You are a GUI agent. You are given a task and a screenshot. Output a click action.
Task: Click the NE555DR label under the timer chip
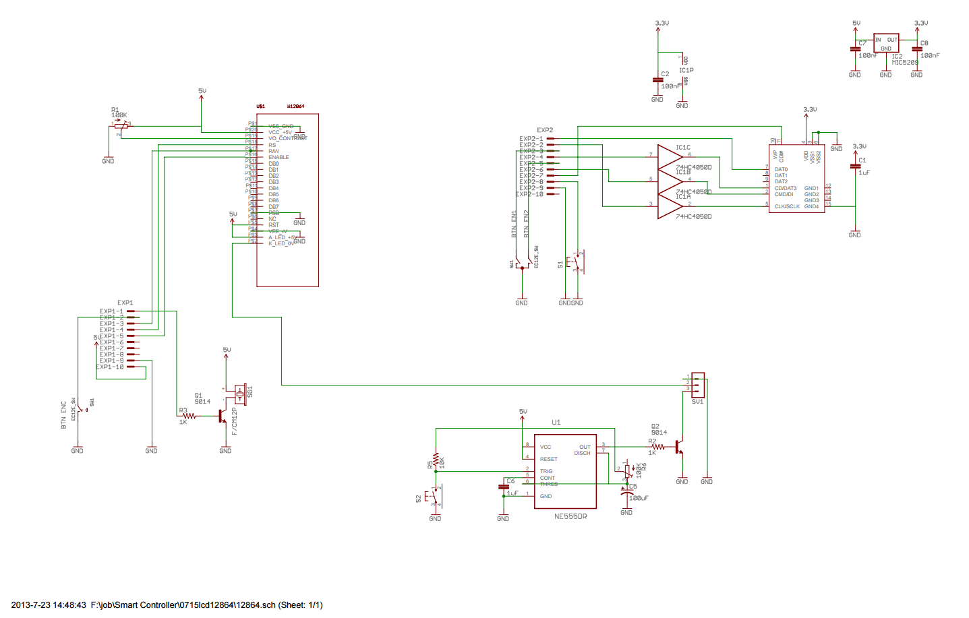point(570,516)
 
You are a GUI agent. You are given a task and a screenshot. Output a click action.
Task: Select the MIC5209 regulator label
point(905,63)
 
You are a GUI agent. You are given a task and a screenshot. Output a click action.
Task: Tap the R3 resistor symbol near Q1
point(189,416)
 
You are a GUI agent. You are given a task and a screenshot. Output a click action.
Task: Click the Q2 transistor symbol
point(680,447)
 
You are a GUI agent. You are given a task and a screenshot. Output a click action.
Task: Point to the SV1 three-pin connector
point(698,385)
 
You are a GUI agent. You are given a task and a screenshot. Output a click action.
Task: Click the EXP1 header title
point(125,303)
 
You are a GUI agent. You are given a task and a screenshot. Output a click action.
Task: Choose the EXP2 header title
point(545,130)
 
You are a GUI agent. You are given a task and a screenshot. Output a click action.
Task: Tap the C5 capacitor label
point(633,487)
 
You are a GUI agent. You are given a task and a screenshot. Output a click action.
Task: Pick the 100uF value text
point(639,498)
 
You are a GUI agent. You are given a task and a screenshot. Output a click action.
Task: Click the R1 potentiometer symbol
point(121,125)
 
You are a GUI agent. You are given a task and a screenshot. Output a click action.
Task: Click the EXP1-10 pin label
point(110,367)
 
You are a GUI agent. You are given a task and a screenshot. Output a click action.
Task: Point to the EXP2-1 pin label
point(531,139)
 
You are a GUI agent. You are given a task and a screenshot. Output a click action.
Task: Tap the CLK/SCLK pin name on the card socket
point(787,206)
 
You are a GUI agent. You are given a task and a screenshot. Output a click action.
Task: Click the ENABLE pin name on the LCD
point(278,157)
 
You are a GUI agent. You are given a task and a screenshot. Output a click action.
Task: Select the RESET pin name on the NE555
point(548,459)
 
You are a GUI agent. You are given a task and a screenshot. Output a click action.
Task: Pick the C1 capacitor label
point(862,160)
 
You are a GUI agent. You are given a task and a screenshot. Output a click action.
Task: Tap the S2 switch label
point(419,499)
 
